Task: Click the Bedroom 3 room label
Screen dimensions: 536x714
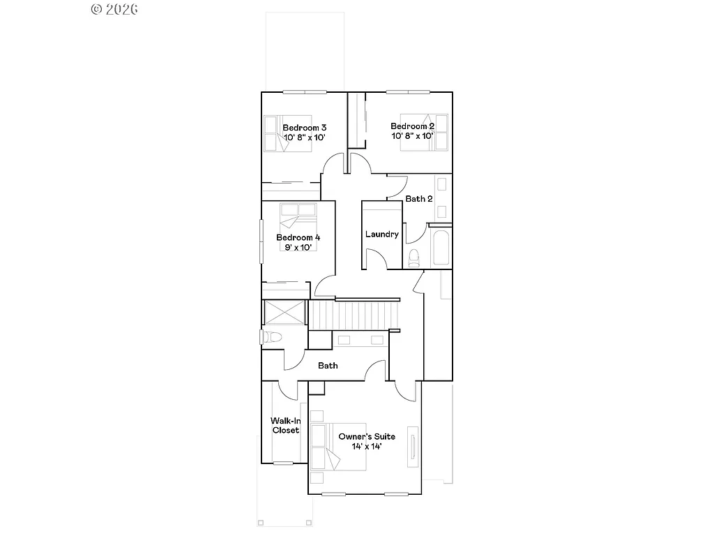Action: click(305, 128)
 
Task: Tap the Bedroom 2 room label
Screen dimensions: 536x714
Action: click(412, 126)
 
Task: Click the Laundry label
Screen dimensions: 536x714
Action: click(381, 234)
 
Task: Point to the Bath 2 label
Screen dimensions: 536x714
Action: click(419, 199)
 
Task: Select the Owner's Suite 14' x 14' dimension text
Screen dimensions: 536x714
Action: click(366, 446)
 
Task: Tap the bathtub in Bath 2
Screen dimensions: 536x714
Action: click(440, 246)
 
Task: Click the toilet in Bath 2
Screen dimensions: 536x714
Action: click(413, 258)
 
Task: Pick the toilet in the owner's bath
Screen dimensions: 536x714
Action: click(271, 338)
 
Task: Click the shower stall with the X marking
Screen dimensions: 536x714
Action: click(284, 312)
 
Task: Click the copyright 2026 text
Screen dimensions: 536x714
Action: click(114, 9)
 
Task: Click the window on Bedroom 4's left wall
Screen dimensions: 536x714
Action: click(261, 241)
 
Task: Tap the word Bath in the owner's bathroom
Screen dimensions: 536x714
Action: click(328, 366)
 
